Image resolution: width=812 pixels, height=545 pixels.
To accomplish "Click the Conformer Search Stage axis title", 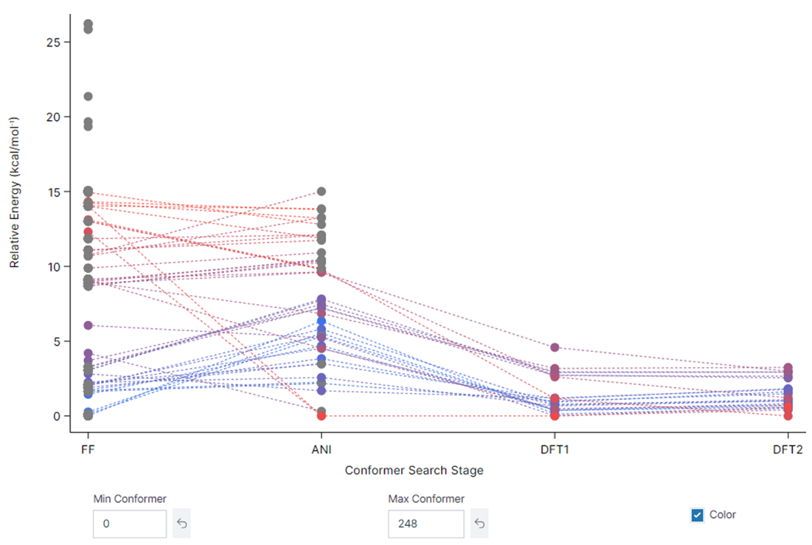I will (414, 470).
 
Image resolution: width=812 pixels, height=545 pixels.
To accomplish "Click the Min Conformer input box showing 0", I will (130, 524).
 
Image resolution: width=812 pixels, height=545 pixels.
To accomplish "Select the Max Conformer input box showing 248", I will (426, 524).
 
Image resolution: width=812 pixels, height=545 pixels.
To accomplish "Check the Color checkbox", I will (697, 515).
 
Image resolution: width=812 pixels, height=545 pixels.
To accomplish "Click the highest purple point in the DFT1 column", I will (555, 347).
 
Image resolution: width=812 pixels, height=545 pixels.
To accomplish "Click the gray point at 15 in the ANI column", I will (322, 192).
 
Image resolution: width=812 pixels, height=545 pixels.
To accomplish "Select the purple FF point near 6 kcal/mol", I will (88, 325).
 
